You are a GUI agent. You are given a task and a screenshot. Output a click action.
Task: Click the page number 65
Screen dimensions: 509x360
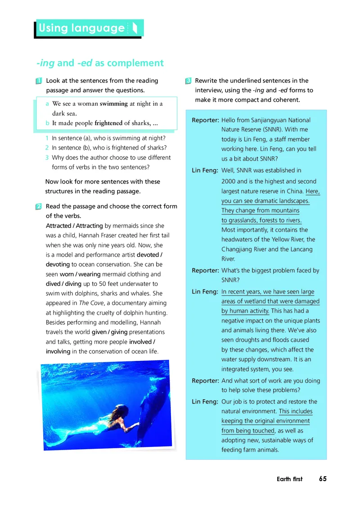pyautogui.click(x=323, y=479)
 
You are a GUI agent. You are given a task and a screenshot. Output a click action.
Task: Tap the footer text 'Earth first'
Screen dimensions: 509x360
pyautogui.click(x=289, y=479)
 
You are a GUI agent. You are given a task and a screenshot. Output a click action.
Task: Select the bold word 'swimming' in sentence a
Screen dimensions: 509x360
pyautogui.click(x=113, y=104)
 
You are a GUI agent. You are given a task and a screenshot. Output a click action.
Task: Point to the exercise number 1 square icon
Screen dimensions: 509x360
pyautogui.click(x=39, y=81)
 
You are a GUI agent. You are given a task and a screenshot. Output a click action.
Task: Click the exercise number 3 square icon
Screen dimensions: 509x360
pyautogui.click(x=189, y=81)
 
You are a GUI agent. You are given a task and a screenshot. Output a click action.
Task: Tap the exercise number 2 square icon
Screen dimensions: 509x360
pyautogui.click(x=39, y=206)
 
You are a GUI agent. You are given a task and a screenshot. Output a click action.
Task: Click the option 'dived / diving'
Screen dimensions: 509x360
pyautogui.click(x=63, y=284)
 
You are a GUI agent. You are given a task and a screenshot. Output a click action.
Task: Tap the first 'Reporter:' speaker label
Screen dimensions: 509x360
pyautogui.click(x=205, y=121)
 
